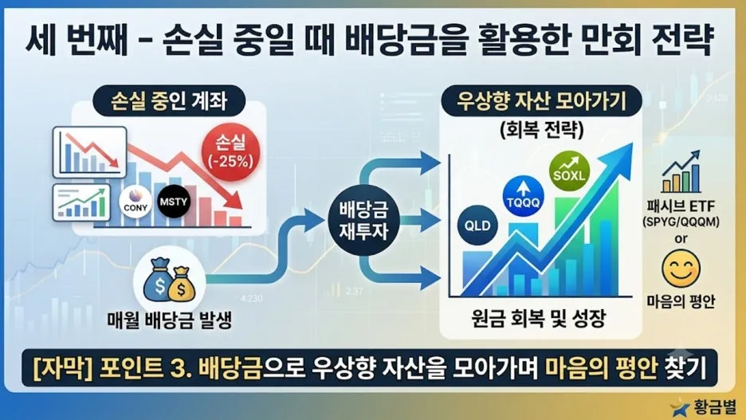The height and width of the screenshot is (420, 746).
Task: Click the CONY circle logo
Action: click(135, 202)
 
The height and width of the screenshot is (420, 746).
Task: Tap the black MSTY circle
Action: click(174, 202)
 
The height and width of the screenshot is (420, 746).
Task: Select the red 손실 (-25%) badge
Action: click(231, 151)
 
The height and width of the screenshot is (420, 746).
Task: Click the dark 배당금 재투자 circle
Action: click(363, 220)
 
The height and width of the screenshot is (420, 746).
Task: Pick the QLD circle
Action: click(477, 225)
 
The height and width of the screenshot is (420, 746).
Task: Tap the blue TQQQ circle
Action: click(524, 196)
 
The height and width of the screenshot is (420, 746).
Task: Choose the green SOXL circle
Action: click(569, 171)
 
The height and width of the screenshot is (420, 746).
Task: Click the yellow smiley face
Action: click(681, 269)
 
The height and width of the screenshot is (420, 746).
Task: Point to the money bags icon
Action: click(170, 281)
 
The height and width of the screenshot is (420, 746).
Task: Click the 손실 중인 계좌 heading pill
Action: click(169, 101)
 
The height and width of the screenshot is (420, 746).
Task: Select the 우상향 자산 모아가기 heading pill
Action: click(541, 101)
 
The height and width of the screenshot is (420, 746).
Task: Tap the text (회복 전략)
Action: click(541, 130)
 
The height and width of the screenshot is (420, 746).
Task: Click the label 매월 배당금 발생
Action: click(170, 320)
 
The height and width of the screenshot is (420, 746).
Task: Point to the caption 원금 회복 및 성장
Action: click(539, 318)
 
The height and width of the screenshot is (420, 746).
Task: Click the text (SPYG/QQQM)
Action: click(681, 222)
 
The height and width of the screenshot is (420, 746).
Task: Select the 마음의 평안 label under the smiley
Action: click(681, 301)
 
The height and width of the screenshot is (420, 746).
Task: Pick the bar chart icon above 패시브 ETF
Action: click(681, 171)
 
